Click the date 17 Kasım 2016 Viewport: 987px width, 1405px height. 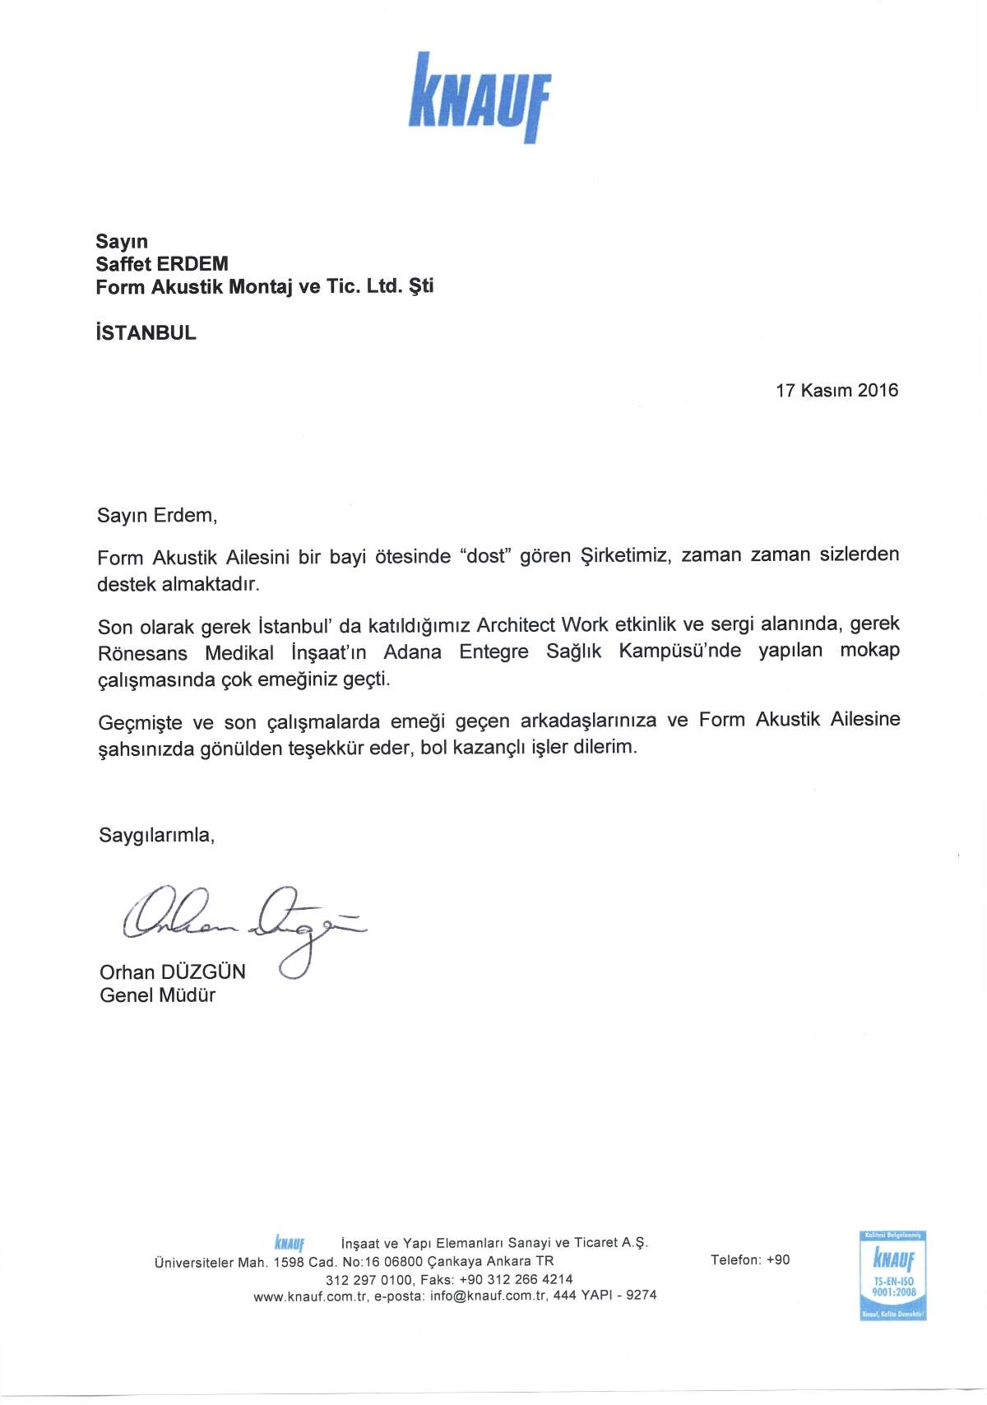[x=836, y=391]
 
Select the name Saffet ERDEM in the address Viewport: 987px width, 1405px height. [x=162, y=264]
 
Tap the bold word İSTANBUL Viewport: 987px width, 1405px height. [x=146, y=333]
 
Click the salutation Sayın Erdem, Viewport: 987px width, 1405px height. [x=157, y=516]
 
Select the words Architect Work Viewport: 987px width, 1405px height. [x=542, y=624]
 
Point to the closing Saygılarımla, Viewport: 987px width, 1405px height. [x=157, y=835]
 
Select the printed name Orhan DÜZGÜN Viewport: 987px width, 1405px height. [x=173, y=972]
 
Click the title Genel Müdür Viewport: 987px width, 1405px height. [x=158, y=995]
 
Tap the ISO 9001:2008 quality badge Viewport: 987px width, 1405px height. [x=893, y=1276]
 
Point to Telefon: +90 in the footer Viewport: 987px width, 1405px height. [x=750, y=1260]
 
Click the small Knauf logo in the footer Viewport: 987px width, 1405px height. [x=290, y=1242]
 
